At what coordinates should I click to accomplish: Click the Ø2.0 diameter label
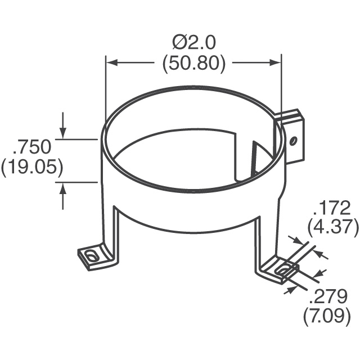pos(194,43)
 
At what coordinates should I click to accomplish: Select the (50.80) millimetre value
pos(194,64)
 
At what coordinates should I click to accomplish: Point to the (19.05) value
pos(32,167)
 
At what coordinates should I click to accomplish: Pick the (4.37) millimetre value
pos(333,227)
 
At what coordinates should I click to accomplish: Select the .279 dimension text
pos(327,296)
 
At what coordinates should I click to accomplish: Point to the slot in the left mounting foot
pos(91,256)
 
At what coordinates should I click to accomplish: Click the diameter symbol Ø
pos(180,43)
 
